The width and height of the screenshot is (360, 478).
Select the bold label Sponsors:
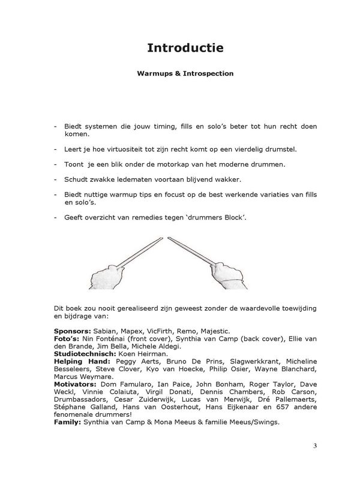point(72,330)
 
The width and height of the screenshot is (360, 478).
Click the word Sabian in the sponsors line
point(106,330)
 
